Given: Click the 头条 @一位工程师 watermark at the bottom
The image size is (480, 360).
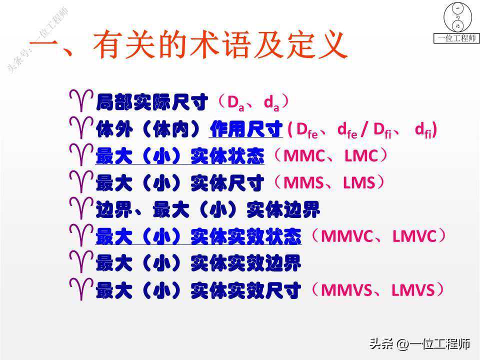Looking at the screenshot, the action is [419, 344].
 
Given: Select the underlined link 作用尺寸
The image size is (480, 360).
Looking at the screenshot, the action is [246, 129].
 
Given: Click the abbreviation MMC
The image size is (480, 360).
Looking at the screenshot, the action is [304, 155].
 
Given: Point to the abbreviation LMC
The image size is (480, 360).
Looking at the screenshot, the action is [361, 155].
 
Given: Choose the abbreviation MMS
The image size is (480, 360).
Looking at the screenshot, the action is [303, 182].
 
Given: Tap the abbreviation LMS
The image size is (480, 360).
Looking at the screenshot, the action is [359, 182].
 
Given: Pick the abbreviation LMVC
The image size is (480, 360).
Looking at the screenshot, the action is [414, 236].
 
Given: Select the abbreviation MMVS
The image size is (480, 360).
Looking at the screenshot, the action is [346, 290].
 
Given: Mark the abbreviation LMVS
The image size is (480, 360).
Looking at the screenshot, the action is [413, 290].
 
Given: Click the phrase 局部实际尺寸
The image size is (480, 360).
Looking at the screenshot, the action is [152, 102].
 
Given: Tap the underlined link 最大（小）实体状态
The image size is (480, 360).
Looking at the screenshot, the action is [179, 156].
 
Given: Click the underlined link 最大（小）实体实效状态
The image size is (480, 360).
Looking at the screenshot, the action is [198, 236].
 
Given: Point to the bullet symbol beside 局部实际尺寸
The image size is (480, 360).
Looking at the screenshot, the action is [81, 100].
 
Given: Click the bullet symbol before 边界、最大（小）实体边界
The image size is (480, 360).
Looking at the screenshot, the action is [81, 208].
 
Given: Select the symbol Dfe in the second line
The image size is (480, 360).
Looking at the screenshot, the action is [307, 130].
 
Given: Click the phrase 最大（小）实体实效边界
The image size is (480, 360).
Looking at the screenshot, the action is [198, 263].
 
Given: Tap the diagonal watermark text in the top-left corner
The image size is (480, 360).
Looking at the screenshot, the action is [37, 40].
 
